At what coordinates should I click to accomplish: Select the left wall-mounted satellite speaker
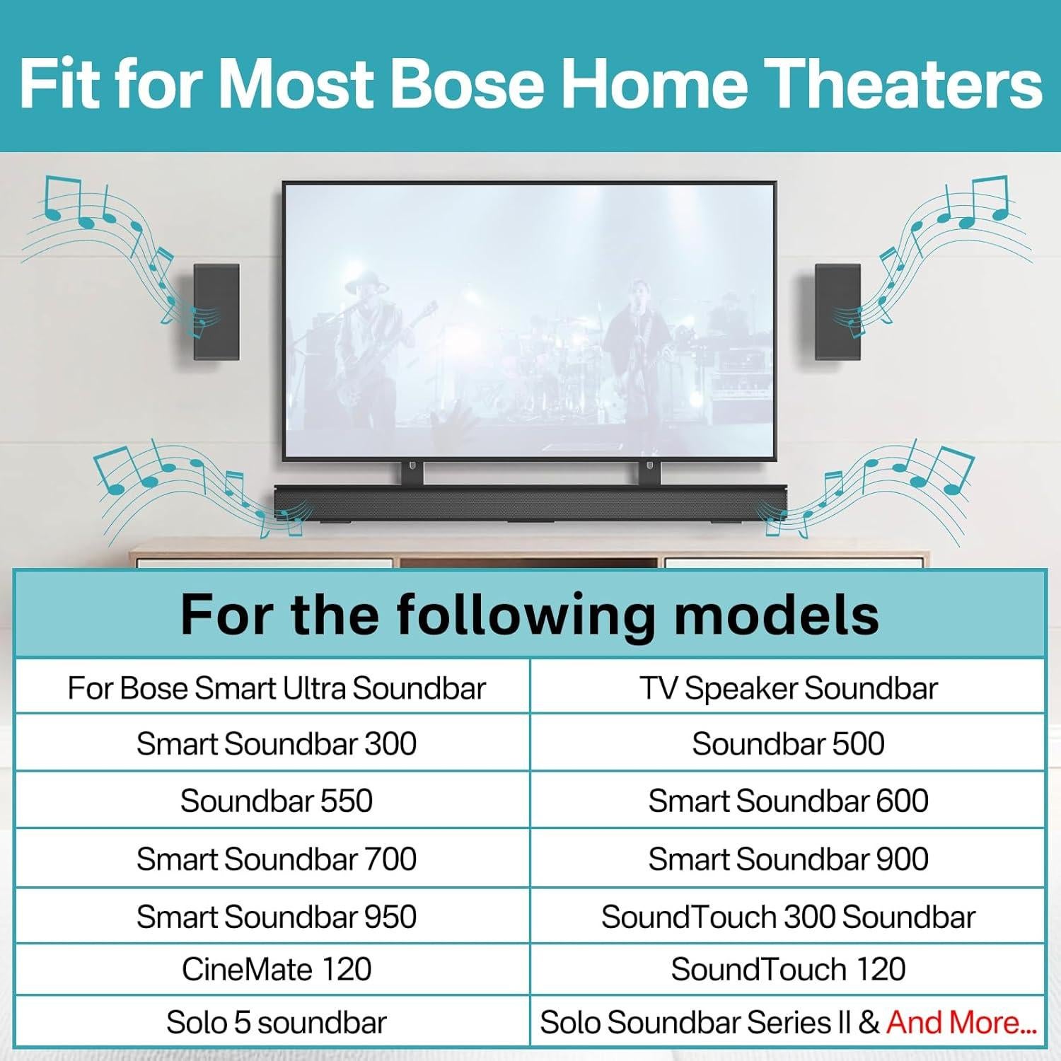tap(216, 311)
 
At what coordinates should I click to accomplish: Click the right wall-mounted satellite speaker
tap(837, 311)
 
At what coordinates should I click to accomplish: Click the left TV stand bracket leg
tap(412, 472)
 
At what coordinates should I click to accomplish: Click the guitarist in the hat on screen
tap(368, 332)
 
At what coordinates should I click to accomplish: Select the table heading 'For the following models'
tap(530, 614)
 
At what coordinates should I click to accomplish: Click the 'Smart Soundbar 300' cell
tap(277, 743)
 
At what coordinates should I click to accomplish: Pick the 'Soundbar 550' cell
tap(277, 801)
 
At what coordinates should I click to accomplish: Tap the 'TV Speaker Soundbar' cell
tap(788, 688)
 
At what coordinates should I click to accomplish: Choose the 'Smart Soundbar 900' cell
tap(788, 859)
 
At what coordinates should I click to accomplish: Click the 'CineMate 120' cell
tap(277, 969)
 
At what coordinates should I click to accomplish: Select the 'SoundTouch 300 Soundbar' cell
tap(788, 917)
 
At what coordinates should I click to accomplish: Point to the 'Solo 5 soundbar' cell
tap(277, 1022)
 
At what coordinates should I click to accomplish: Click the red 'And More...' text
tap(961, 1022)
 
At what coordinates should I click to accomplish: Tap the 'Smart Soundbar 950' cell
tap(277, 917)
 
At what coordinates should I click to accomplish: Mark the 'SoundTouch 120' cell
tap(788, 969)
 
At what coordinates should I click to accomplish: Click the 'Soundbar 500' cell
tap(788, 743)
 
